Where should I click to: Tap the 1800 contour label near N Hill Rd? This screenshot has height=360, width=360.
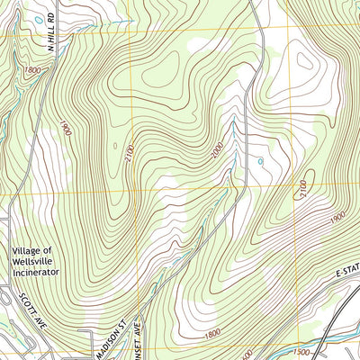33,69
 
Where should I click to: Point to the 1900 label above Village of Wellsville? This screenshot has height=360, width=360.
66,131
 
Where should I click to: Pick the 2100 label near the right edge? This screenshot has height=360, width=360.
301,188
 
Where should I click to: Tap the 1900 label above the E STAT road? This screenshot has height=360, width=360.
311,220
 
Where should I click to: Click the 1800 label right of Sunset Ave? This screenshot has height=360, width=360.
213,334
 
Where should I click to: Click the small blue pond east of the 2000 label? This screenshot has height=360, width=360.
260,162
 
